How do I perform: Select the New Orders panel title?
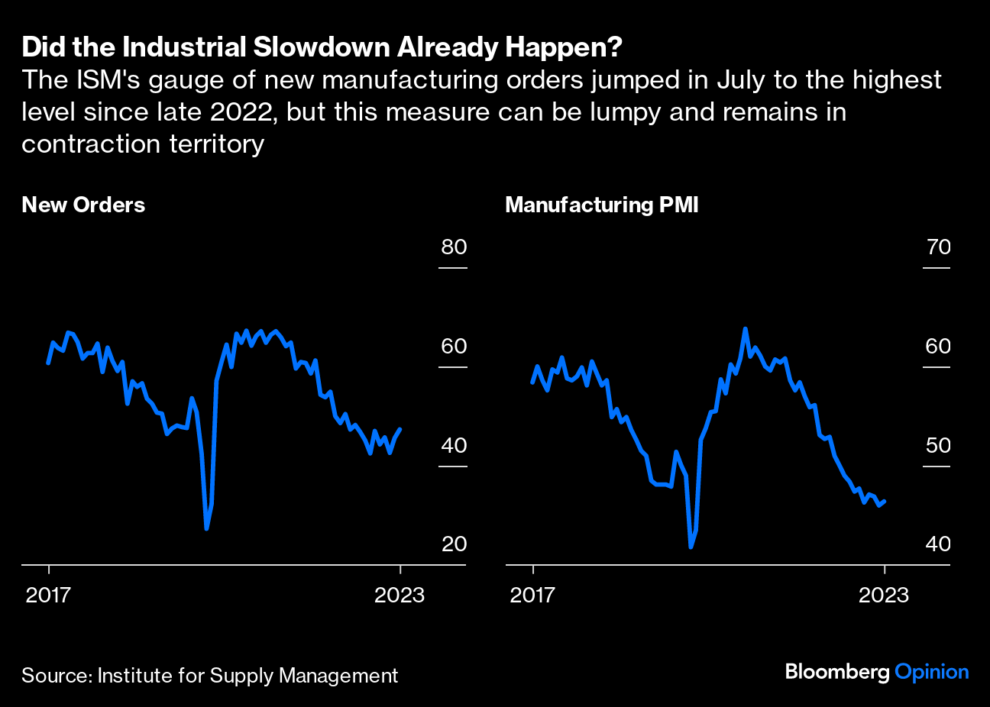click(83, 205)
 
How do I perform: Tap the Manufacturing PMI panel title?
click(602, 205)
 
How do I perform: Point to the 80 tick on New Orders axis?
click(454, 247)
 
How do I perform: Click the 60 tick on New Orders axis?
click(454, 346)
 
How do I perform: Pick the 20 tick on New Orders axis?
click(454, 544)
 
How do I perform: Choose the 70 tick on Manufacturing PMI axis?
click(938, 247)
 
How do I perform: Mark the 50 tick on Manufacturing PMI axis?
click(938, 445)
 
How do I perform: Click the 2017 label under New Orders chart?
click(48, 595)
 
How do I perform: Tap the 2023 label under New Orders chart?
click(400, 595)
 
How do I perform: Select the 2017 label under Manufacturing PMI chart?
click(532, 595)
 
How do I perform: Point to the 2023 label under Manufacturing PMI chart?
click(884, 595)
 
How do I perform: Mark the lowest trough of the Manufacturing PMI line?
click(691, 547)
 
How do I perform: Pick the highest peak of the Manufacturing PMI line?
click(746, 329)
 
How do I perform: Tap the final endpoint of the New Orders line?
click(401, 429)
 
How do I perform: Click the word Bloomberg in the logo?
click(837, 672)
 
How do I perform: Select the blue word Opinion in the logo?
click(931, 672)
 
